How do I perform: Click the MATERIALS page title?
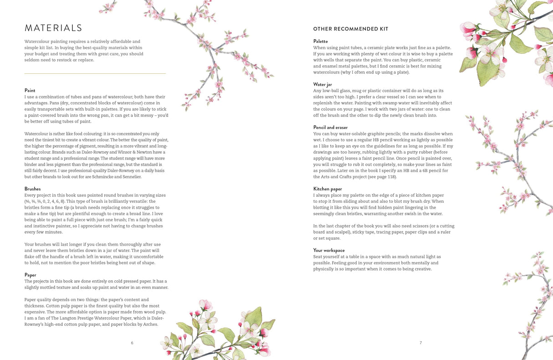(x=53, y=28)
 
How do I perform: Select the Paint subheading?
(x=30, y=91)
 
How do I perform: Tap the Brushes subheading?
(x=32, y=189)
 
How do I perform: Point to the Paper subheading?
(x=31, y=275)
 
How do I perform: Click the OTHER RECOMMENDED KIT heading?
(x=350, y=29)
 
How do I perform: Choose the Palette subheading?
(x=320, y=41)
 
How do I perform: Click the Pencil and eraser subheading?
(x=330, y=128)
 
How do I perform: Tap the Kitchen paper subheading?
(x=328, y=189)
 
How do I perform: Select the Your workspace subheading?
(x=329, y=251)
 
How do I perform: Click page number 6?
(x=132, y=343)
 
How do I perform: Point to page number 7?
(x=420, y=343)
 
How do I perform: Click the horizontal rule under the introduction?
(x=95, y=73)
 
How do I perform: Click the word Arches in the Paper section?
(x=151, y=324)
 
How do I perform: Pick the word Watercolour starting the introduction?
(x=37, y=41)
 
